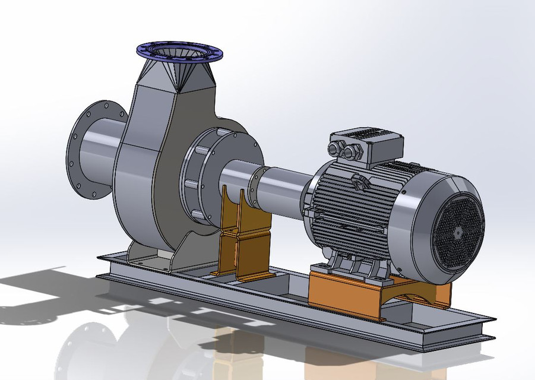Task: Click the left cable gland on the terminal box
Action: click(337, 149)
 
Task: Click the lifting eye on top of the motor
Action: click(359, 182)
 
